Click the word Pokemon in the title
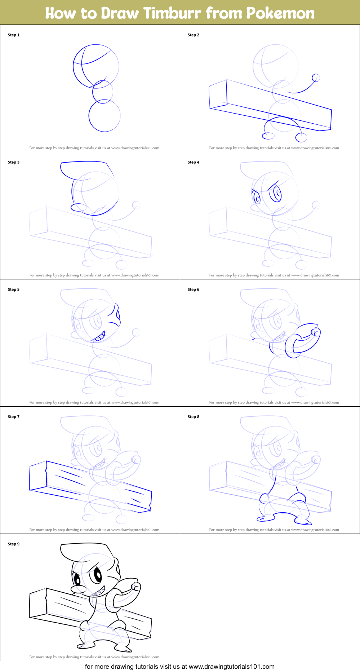point(280,13)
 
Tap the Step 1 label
point(14,35)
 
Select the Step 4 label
point(193,162)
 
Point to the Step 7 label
point(14,417)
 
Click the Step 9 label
point(14,544)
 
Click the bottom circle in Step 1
point(105,116)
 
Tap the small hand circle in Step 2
point(316,78)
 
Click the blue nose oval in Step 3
point(78,207)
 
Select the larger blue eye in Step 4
point(276,193)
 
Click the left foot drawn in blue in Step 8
point(265,518)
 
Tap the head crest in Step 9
point(86,552)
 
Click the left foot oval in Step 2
point(268,136)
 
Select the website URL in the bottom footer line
point(231,667)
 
